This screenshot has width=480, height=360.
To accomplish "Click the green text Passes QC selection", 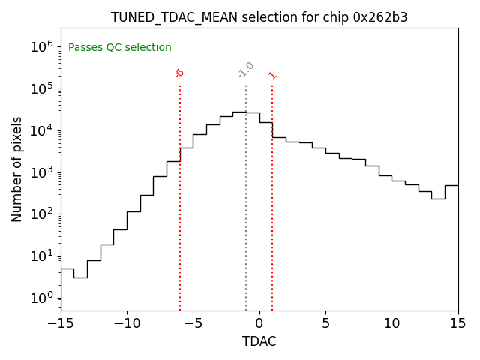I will coord(120,47).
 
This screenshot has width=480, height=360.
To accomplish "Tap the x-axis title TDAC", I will coord(259,341).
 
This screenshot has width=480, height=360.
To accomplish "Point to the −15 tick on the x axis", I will coord(61,323).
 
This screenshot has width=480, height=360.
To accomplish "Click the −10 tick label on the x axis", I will coord(127,323).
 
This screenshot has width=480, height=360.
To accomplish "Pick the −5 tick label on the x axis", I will coord(193,323).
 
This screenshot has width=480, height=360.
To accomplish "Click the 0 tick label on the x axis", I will coord(259,323).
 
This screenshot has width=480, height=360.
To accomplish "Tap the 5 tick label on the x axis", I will coord(325,323).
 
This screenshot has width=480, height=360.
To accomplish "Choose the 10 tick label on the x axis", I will coord(391,323).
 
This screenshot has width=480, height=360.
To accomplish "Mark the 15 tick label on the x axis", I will coord(457,323).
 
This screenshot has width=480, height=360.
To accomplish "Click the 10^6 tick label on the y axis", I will coord(42,46).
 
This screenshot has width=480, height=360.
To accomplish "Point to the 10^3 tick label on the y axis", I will coord(42,172).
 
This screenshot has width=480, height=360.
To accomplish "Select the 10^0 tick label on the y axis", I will coord(42,298).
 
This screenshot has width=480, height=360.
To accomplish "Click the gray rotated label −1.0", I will coord(246,70).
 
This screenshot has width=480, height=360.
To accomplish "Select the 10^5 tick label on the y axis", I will coord(42,88).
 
